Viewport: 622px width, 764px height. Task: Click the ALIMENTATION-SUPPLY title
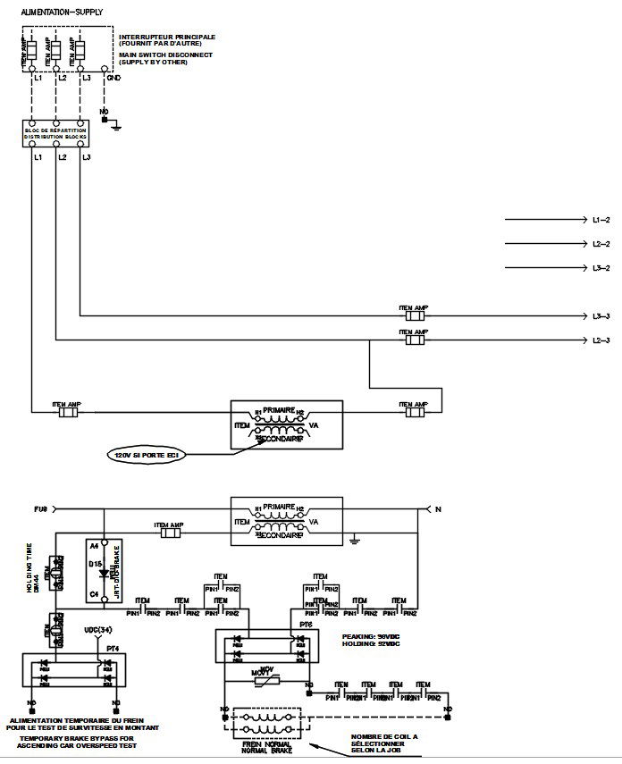click(62, 12)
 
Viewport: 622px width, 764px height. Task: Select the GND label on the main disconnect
click(113, 78)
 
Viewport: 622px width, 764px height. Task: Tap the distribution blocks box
click(55, 134)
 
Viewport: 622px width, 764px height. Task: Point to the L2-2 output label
click(601, 243)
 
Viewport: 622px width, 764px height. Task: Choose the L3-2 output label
click(601, 268)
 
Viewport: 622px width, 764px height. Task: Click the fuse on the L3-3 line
click(414, 315)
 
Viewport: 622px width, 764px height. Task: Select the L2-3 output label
click(601, 340)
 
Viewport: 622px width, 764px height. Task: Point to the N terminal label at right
click(437, 509)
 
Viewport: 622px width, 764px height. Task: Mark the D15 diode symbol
click(105, 572)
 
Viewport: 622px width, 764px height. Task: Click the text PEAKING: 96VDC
click(372, 637)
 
